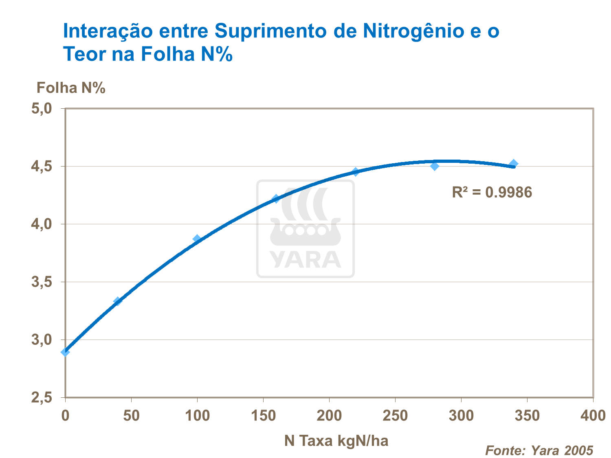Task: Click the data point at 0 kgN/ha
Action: [x=65, y=352]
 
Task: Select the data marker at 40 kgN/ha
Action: [x=118, y=301]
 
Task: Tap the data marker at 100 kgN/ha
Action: [x=197, y=239]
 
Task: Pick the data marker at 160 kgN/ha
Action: [x=276, y=199]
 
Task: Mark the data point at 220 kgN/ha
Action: [x=356, y=172]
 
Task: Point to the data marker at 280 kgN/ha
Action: [x=435, y=166]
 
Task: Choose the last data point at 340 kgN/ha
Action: [x=514, y=164]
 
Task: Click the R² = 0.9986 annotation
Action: [x=492, y=192]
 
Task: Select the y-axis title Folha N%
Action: [x=71, y=88]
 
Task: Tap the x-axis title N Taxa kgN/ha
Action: [x=336, y=440]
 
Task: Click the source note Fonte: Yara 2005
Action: [x=539, y=450]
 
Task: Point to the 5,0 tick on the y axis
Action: [x=42, y=108]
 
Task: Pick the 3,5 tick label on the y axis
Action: [x=42, y=282]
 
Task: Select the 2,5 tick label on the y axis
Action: [x=42, y=397]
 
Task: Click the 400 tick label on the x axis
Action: [x=593, y=416]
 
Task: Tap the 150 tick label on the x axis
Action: [x=263, y=416]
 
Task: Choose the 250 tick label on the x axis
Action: [x=395, y=416]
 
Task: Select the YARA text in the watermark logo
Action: [x=305, y=260]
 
